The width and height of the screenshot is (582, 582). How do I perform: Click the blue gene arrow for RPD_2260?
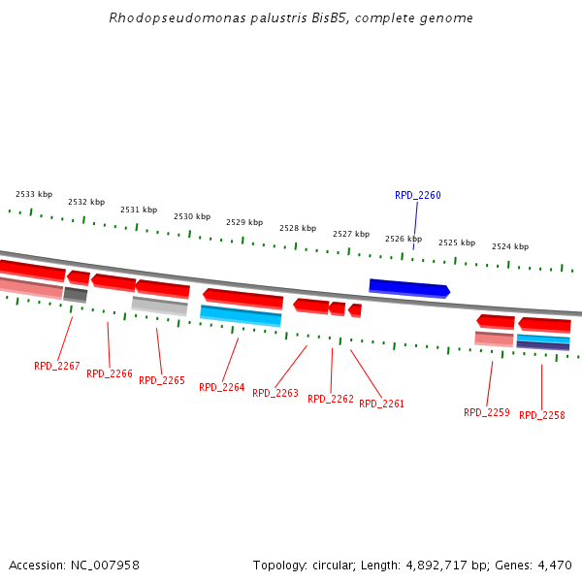[408, 288]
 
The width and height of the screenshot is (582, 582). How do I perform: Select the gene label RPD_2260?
[417, 195]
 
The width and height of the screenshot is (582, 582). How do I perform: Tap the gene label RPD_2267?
[57, 366]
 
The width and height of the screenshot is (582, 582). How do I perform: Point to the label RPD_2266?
[110, 373]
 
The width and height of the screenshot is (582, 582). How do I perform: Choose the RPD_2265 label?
[162, 380]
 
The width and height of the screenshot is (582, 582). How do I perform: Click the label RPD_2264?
[222, 387]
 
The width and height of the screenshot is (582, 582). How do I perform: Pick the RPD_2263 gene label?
[275, 393]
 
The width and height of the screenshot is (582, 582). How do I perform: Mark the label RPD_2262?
[331, 399]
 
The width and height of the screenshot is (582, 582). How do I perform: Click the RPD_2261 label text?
[382, 404]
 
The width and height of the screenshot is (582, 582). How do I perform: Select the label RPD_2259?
[487, 412]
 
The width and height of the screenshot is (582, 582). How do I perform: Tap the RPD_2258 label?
[542, 415]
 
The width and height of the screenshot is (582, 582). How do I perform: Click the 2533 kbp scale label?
[34, 194]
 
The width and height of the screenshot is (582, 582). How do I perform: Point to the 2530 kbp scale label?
[192, 216]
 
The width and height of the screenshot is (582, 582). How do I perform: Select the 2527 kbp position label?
[351, 234]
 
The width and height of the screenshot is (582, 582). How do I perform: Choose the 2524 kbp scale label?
[510, 246]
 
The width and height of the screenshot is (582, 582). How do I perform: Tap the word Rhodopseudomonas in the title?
[156, 17]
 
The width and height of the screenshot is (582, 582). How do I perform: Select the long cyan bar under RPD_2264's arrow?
[241, 315]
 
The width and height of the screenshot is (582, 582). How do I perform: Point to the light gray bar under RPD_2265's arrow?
[159, 306]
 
